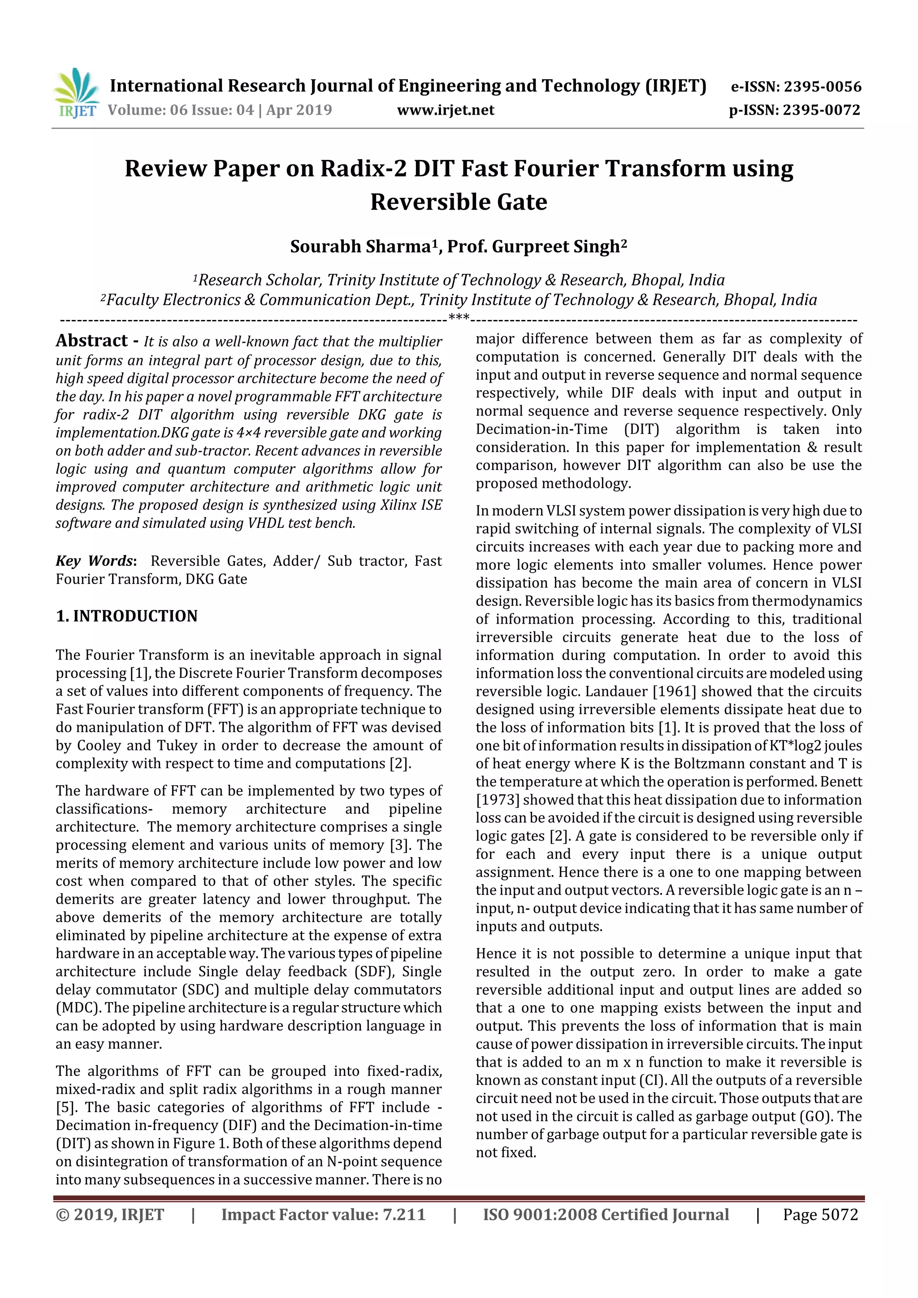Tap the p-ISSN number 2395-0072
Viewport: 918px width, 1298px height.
[x=821, y=110]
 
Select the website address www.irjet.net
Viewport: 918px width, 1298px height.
[x=445, y=110]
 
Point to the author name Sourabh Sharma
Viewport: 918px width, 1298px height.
[x=360, y=246]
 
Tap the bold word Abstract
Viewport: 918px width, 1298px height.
[x=91, y=341]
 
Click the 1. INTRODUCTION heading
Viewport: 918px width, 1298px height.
[x=127, y=616]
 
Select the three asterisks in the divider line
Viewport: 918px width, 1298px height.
[x=459, y=318]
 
